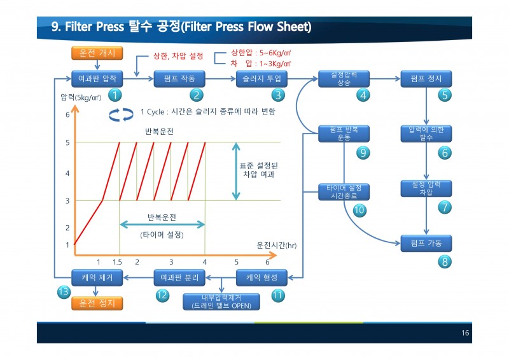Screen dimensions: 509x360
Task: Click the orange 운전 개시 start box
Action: coord(97,53)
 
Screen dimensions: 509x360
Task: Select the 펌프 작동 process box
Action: coord(179,79)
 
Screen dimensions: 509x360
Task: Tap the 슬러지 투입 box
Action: coord(261,79)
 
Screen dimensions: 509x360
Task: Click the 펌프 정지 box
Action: coord(426,79)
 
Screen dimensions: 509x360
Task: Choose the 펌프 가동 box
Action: coord(426,243)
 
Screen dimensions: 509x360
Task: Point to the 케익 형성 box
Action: coord(261,277)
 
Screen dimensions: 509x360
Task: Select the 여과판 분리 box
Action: coord(179,277)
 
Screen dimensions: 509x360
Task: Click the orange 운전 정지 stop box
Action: coord(97,303)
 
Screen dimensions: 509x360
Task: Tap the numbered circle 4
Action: coord(363,95)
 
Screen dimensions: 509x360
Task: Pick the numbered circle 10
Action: coord(359,210)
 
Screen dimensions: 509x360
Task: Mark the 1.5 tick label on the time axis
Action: coord(117,262)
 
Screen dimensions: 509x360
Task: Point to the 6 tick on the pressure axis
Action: coord(67,114)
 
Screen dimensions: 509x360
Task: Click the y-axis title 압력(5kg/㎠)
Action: coord(81,97)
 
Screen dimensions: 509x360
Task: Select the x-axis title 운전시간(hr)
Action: coord(277,246)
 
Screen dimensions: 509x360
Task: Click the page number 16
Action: coord(465,333)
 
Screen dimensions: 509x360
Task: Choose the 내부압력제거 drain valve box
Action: coord(221,302)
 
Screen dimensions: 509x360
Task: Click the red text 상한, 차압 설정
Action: coord(178,56)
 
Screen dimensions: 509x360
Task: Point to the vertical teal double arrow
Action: coord(236,171)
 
